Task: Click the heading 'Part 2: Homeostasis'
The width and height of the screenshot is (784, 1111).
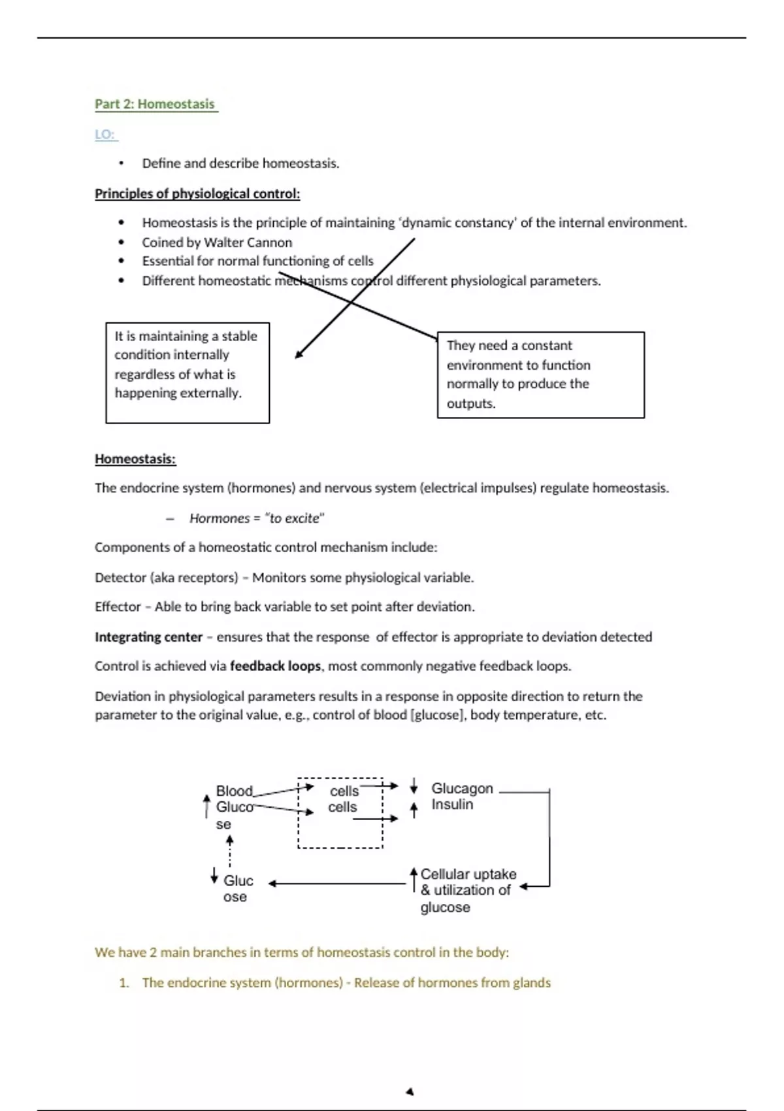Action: coord(155,104)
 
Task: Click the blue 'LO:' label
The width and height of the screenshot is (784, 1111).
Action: coord(105,135)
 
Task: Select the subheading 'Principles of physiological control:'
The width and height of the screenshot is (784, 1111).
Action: coord(197,193)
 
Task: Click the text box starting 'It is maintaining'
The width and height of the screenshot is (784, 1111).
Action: coord(188,373)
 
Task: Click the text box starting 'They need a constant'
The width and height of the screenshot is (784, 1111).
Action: coord(540,374)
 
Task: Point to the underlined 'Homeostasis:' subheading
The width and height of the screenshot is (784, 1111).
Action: coord(135,459)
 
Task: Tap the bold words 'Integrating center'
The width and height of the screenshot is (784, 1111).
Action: coord(149,637)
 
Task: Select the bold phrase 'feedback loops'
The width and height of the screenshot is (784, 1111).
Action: coord(275,666)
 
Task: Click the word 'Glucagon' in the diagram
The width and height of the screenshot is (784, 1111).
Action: coord(462,788)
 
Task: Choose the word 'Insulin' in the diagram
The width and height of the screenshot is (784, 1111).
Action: coord(452,804)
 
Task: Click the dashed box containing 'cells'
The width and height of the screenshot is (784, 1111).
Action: coord(340,813)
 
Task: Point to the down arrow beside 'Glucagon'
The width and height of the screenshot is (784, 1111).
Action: coord(414,786)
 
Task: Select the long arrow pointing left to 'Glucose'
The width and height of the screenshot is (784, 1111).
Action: coord(337,884)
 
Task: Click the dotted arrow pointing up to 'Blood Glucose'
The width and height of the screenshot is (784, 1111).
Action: coord(229,850)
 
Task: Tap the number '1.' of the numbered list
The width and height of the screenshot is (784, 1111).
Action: coord(124,983)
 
